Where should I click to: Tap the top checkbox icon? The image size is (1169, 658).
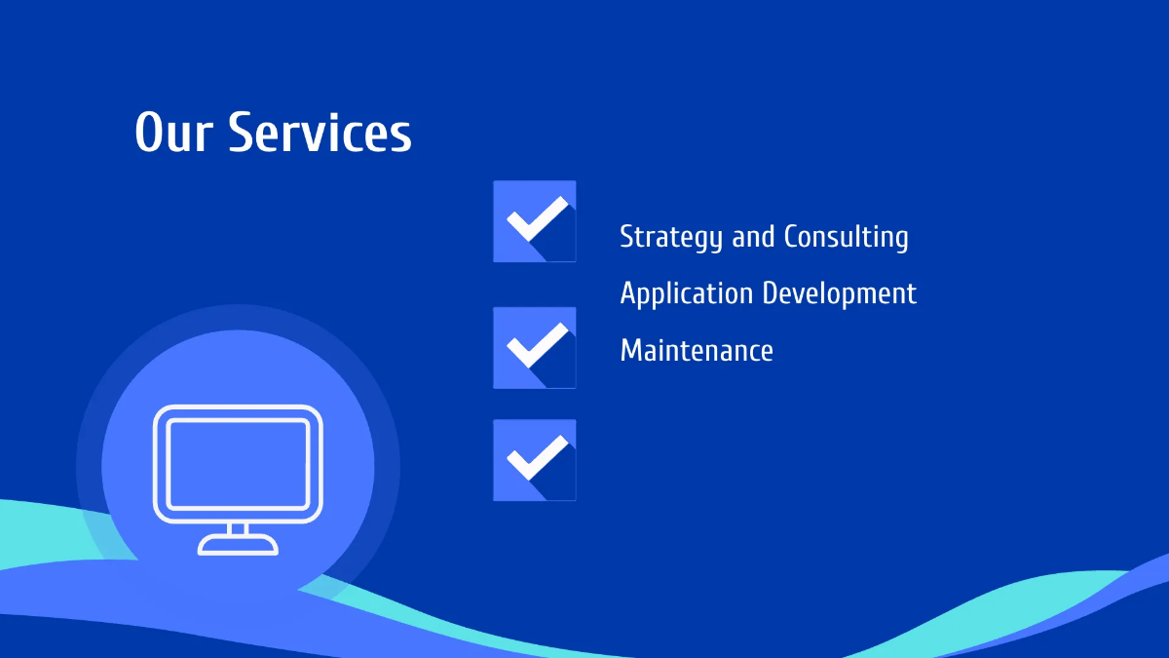coord(534,221)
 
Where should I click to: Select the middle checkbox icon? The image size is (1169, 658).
coord(534,347)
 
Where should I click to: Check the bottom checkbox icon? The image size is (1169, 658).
coord(534,460)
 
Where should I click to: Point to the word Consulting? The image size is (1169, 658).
coord(846,237)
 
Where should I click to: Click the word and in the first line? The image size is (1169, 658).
coord(753,236)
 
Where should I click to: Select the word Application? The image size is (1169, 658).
coord(687,293)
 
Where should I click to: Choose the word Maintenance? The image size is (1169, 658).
coord(697,350)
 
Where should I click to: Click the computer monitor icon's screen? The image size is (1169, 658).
coord(238,462)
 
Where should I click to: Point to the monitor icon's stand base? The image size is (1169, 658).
coord(238,547)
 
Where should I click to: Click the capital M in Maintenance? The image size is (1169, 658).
coord(631,350)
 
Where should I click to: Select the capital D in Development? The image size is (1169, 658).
coord(771,292)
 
